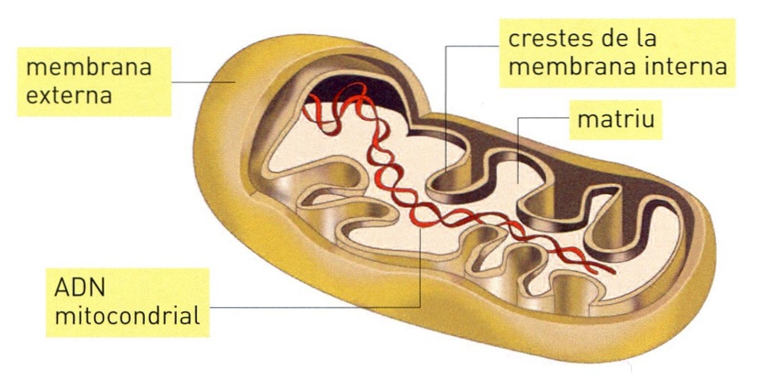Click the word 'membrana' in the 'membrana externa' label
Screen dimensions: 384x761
click(x=89, y=69)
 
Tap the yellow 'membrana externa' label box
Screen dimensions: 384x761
click(x=89, y=81)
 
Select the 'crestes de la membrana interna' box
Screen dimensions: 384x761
click(x=617, y=52)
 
